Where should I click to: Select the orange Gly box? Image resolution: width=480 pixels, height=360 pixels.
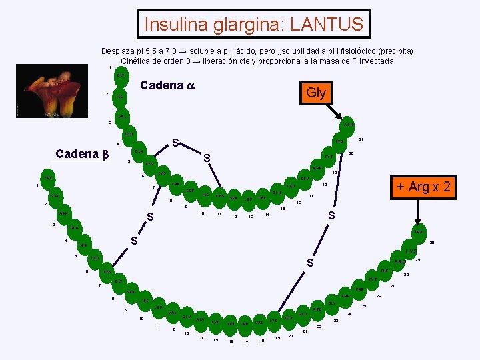tap(315, 93)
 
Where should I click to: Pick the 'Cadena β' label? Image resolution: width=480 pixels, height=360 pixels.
tap(81, 154)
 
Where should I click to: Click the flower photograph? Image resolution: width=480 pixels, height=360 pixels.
tap(54, 93)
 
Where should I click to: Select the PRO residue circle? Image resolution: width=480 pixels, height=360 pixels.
tap(399, 261)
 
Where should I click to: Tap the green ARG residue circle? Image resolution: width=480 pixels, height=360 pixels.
tap(317, 309)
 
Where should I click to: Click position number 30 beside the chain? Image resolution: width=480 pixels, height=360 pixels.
tap(431, 243)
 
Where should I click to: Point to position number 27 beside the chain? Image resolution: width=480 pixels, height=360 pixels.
tap(392, 286)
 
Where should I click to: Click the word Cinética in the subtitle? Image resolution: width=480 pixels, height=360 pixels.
tap(136, 61)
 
